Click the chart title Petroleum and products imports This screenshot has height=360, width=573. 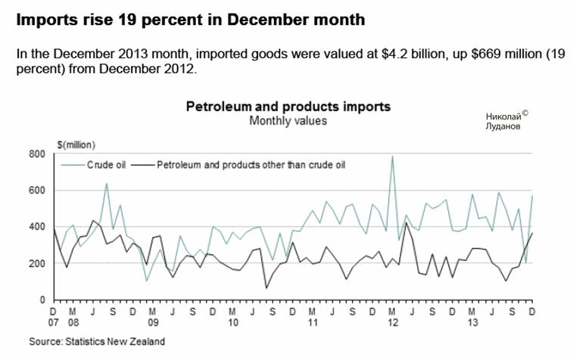tap(288, 107)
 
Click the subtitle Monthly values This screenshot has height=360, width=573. tap(288, 120)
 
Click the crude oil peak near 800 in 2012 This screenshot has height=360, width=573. tap(392, 157)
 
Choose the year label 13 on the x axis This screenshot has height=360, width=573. tap(472, 321)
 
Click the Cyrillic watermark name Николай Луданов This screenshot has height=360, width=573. tap(503, 122)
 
